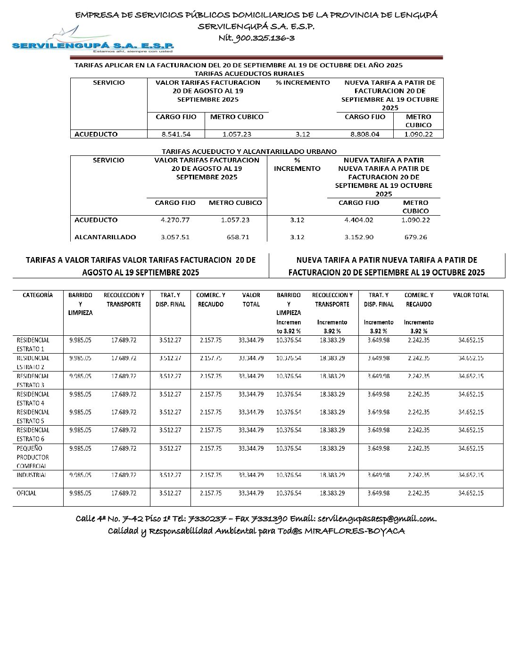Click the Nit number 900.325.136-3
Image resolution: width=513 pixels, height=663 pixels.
[x=256, y=38]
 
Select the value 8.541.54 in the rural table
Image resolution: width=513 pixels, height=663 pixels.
[x=176, y=134]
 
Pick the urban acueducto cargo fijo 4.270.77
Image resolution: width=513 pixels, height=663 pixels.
[x=175, y=220]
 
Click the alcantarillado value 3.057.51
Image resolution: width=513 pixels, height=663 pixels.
[x=175, y=237]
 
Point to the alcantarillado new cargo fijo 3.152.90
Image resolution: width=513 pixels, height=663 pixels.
[x=359, y=237]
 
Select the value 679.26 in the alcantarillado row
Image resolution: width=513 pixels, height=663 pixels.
[x=415, y=237]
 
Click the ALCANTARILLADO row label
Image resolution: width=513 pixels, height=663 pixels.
[x=105, y=237]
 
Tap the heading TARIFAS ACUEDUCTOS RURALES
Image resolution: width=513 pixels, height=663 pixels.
[x=249, y=73]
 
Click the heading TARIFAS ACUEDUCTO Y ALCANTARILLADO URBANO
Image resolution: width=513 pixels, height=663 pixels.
[x=249, y=151]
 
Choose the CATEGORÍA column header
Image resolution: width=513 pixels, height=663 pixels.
[x=38, y=295]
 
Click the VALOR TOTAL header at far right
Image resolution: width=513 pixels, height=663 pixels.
[x=471, y=295]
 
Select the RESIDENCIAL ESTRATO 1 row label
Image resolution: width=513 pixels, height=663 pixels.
[x=33, y=344]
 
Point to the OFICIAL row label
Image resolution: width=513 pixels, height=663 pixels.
[x=26, y=493]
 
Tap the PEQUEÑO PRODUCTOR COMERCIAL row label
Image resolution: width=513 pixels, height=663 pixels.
[x=33, y=457]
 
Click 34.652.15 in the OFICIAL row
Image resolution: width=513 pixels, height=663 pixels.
[x=471, y=493]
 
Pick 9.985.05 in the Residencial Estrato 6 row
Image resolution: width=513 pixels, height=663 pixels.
[x=80, y=430]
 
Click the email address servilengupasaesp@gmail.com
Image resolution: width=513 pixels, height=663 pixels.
[x=376, y=519]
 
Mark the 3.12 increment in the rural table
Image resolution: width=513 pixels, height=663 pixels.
[x=303, y=134]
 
